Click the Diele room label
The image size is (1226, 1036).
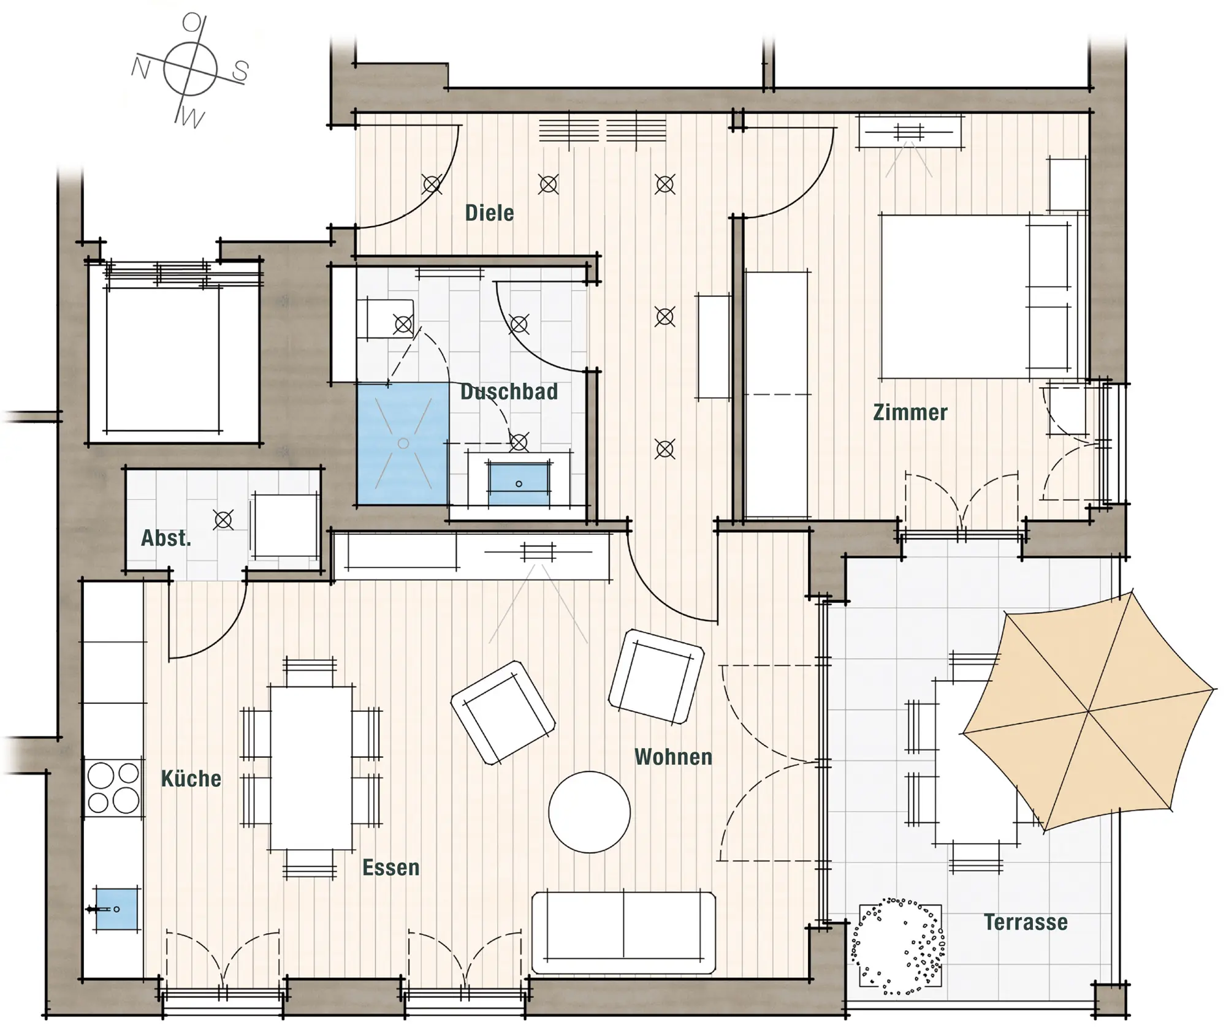pyautogui.click(x=489, y=213)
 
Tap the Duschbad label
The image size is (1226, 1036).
pyautogui.click(x=509, y=392)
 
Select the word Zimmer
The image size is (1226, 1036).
pyautogui.click(x=910, y=412)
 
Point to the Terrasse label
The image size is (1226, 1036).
pyautogui.click(x=1026, y=922)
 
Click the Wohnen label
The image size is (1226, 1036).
pyautogui.click(x=673, y=757)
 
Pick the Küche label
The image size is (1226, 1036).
pyautogui.click(x=191, y=779)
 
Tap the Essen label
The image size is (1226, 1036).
pyautogui.click(x=390, y=868)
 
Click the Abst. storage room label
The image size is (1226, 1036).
pyautogui.click(x=166, y=538)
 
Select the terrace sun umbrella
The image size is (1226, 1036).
pyautogui.click(x=1089, y=711)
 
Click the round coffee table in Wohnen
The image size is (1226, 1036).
pyautogui.click(x=589, y=812)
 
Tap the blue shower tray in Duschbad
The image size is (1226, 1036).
pyautogui.click(x=403, y=444)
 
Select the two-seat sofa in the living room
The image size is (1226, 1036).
pyautogui.click(x=623, y=932)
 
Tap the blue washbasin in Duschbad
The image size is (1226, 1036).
pyautogui.click(x=519, y=483)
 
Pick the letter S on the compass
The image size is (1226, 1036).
pyautogui.click(x=240, y=72)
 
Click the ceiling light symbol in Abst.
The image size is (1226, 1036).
pyautogui.click(x=223, y=520)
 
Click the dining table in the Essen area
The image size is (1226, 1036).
pyautogui.click(x=311, y=768)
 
